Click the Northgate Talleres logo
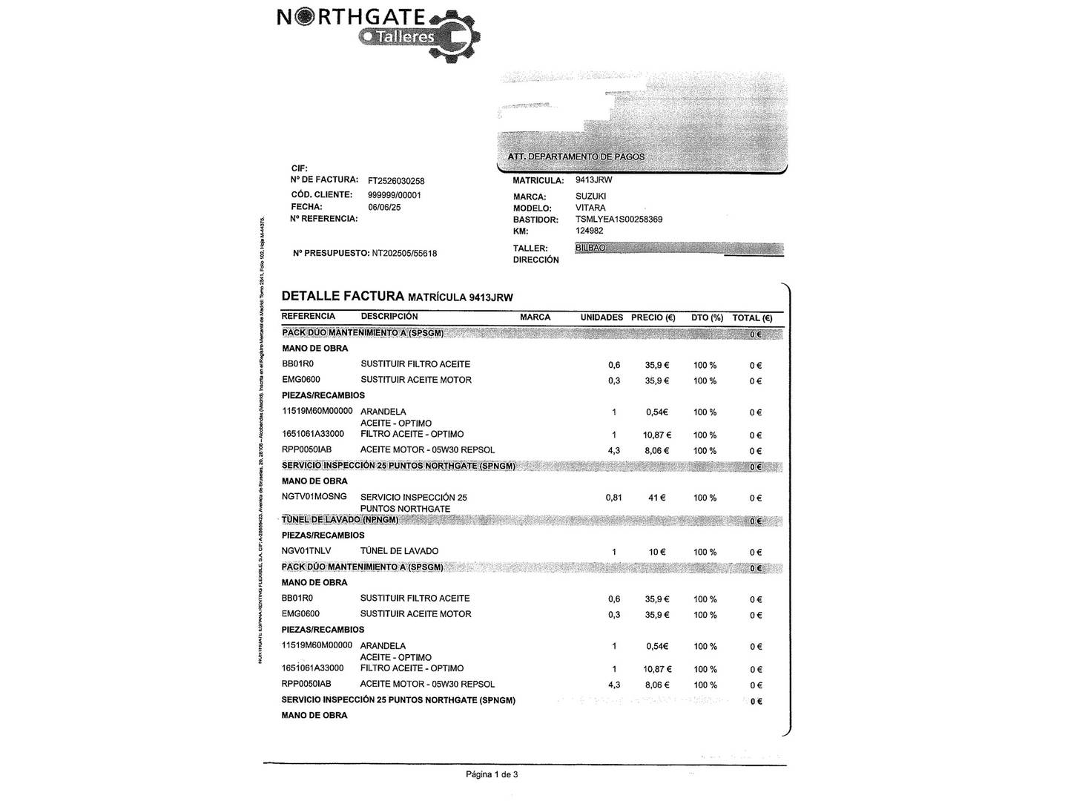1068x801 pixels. pyautogui.click(x=378, y=33)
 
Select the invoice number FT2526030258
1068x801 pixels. pyautogui.click(x=396, y=181)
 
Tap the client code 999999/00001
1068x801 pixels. pyautogui.click(x=394, y=195)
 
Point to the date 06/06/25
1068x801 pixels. pyautogui.click(x=384, y=208)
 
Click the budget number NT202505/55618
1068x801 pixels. pyautogui.click(x=404, y=254)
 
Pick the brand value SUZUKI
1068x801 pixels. pyautogui.click(x=590, y=197)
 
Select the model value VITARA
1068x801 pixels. pyautogui.click(x=590, y=208)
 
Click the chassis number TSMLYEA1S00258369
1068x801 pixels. pyautogui.click(x=619, y=220)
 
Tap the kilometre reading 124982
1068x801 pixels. pyautogui.click(x=589, y=231)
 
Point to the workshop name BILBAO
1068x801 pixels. pyautogui.click(x=590, y=248)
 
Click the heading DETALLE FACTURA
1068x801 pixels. pyautogui.click(x=343, y=296)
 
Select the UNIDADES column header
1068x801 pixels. pyautogui.click(x=601, y=317)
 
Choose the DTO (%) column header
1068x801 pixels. pyautogui.click(x=707, y=317)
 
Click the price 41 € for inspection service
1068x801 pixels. pyautogui.click(x=656, y=498)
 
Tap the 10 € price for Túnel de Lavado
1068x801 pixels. pyautogui.click(x=657, y=552)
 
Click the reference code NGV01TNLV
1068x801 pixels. pyautogui.click(x=306, y=551)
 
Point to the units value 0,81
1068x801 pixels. pyautogui.click(x=613, y=498)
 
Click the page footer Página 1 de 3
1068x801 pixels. pyautogui.click(x=492, y=775)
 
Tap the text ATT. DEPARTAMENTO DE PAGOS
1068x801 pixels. pyautogui.click(x=576, y=156)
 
